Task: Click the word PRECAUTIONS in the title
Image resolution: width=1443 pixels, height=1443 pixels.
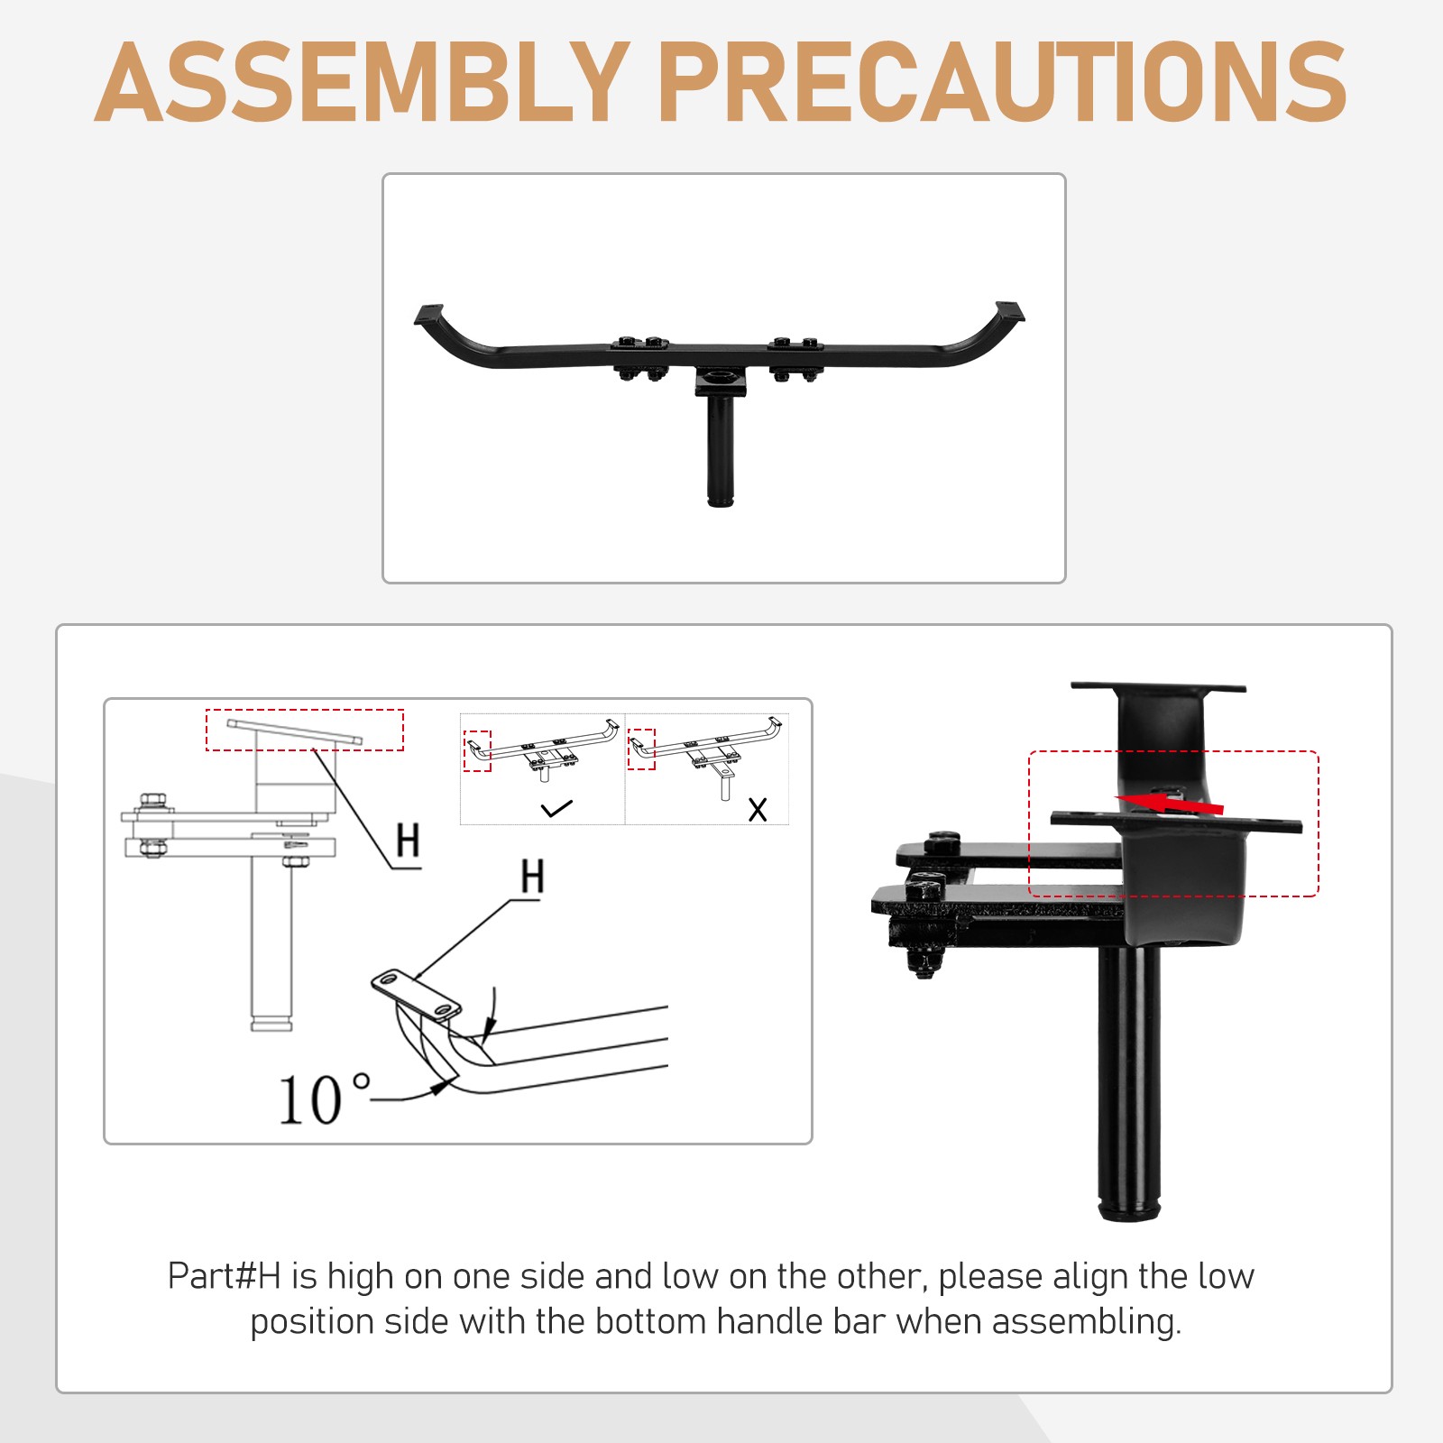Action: (x=1003, y=82)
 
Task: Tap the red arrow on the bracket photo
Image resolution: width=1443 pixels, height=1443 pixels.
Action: (x=1171, y=802)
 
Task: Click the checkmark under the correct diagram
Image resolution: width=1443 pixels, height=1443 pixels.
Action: (x=556, y=808)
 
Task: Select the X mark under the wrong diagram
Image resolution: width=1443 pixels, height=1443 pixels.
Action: (x=758, y=809)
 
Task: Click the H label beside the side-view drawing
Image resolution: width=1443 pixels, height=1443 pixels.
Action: (x=408, y=840)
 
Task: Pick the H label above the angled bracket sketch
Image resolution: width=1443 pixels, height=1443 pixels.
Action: (x=532, y=876)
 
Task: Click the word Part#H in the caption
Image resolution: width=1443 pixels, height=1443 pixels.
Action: (x=225, y=1276)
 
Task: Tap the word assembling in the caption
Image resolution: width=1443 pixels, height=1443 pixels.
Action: (x=1087, y=1322)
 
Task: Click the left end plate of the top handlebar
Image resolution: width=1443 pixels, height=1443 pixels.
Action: (x=429, y=315)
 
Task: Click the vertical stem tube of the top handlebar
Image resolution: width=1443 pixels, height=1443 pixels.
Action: (x=720, y=451)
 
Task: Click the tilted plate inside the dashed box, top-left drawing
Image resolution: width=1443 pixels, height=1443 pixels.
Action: (x=294, y=731)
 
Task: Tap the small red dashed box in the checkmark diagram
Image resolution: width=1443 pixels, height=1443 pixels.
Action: (x=477, y=750)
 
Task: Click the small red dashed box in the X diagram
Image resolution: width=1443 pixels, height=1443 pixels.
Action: (x=641, y=749)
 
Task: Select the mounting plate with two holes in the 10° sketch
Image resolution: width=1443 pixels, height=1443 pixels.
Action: (x=417, y=995)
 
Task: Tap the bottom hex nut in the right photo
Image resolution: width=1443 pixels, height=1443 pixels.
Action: (x=924, y=961)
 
